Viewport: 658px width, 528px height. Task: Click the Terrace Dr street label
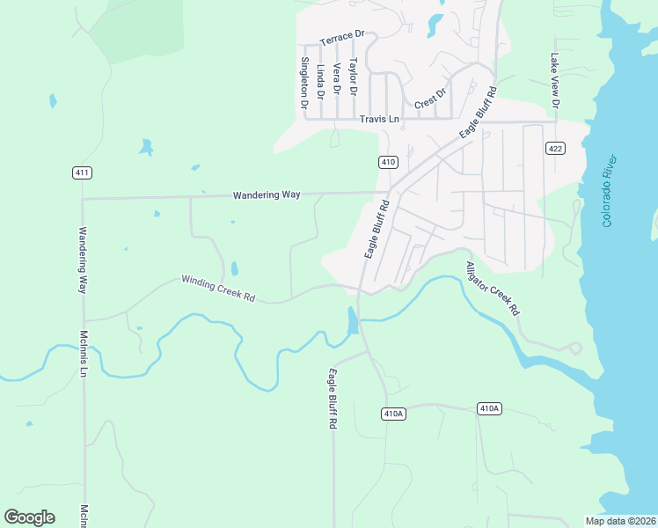tap(342, 38)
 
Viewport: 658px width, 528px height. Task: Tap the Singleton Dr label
tap(304, 83)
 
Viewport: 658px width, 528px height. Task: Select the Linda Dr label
tap(321, 81)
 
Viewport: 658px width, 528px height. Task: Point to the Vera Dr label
tap(337, 79)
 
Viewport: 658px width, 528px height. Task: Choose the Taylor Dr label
tap(353, 77)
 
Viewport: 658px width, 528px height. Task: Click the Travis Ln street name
tap(379, 118)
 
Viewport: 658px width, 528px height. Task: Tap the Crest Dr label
tap(431, 98)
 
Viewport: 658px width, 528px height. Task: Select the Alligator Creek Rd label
tap(493, 289)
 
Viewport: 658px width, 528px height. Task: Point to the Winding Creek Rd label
tap(218, 289)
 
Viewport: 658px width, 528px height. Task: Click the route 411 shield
tap(82, 173)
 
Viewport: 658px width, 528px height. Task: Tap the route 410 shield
tap(389, 162)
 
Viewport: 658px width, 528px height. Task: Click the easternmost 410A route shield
tap(490, 408)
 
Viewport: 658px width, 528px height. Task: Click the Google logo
tap(29, 517)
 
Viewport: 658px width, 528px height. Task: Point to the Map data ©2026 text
tap(620, 521)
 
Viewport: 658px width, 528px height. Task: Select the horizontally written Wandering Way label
tap(267, 194)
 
